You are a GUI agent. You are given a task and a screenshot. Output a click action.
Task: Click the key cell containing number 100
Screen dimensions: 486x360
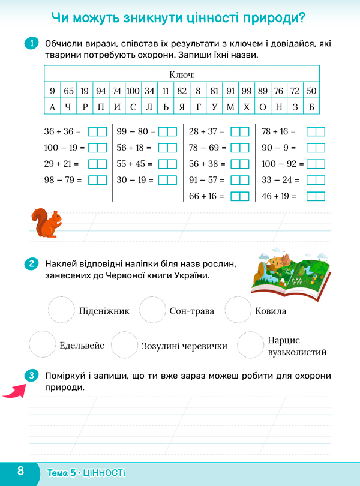point(133,91)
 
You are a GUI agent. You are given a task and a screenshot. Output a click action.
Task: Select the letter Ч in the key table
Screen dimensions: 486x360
point(68,107)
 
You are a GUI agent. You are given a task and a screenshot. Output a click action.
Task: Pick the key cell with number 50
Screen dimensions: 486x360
point(310,91)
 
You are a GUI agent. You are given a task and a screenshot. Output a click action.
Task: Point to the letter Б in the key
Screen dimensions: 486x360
point(310,107)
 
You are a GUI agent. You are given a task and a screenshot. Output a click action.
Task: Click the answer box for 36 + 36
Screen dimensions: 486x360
point(97,131)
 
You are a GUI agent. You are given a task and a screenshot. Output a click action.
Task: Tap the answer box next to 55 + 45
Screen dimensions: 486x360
point(167,164)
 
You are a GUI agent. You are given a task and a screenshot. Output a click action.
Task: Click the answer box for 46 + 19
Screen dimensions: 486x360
point(315,196)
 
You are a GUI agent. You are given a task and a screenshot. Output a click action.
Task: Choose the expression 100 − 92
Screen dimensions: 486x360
point(281,164)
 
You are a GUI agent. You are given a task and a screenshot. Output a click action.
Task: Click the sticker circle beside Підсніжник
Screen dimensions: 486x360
point(61,310)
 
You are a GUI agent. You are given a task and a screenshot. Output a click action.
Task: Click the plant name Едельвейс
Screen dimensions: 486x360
point(82,346)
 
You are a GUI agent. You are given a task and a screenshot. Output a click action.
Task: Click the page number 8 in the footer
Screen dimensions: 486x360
point(20,471)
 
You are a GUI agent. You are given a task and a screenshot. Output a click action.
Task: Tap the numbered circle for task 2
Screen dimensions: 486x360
point(31,264)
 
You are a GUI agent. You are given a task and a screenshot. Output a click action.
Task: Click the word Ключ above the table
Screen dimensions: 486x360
point(183,75)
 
